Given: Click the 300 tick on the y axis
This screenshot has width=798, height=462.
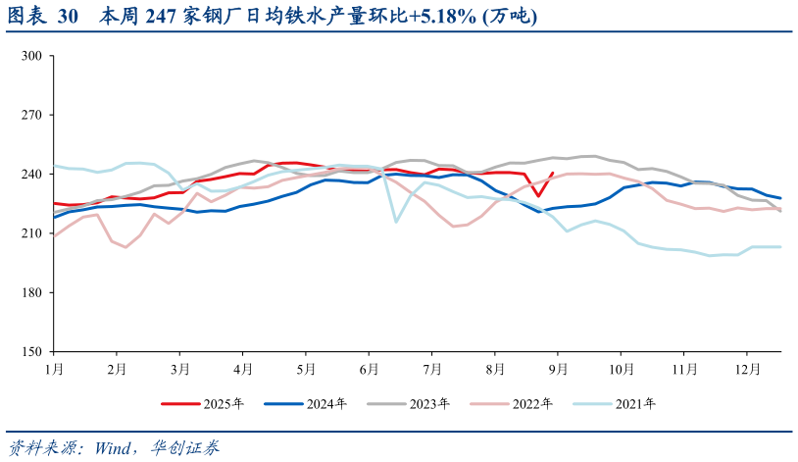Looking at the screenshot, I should [30, 56].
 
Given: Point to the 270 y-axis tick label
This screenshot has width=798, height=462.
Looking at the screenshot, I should [30, 115].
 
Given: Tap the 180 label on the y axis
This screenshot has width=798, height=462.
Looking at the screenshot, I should [30, 293].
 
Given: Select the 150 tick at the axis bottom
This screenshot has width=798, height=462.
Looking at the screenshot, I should [30, 352].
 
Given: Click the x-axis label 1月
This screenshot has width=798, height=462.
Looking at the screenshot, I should [54, 369].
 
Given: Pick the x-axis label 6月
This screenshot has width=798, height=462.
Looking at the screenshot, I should [370, 369].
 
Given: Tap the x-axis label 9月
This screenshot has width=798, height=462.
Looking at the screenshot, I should [559, 369].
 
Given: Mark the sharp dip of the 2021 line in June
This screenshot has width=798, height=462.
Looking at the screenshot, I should [396, 222].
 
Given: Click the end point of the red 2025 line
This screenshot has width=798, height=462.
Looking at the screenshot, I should [554, 173].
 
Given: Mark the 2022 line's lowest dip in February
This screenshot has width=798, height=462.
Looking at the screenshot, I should [125, 247].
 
